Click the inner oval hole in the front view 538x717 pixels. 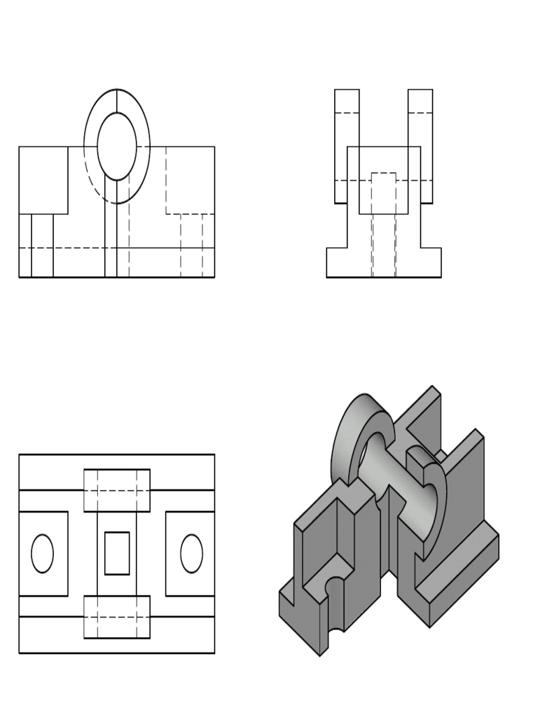point(116,147)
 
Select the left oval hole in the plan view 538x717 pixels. point(43,553)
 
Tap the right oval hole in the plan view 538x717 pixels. point(191,553)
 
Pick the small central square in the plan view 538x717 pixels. point(117,553)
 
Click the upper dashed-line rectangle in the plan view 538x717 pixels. point(117,490)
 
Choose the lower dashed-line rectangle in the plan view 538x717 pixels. point(117,617)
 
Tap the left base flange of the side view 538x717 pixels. point(338,263)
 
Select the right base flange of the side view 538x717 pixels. point(431,263)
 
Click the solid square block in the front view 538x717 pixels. point(43,180)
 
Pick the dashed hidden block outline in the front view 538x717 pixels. point(190,180)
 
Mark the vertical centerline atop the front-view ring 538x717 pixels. point(117,101)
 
